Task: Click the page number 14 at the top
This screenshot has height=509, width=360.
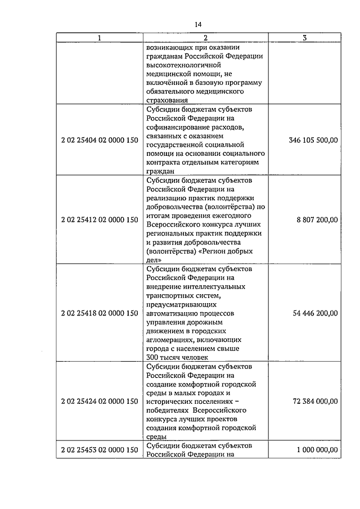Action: pyautogui.click(x=198, y=25)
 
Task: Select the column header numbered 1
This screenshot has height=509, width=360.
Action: pyautogui.click(x=100, y=38)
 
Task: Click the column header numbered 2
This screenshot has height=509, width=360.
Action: pyautogui.click(x=205, y=38)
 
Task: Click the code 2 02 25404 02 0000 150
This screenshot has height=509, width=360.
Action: pyautogui.click(x=100, y=140)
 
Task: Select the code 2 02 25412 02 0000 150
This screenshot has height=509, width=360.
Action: pyautogui.click(x=100, y=220)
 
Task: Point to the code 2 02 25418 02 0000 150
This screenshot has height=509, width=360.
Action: pyautogui.click(x=100, y=313)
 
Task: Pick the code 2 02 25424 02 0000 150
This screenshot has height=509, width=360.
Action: pyautogui.click(x=100, y=401)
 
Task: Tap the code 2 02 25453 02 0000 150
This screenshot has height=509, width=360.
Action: pyautogui.click(x=100, y=450)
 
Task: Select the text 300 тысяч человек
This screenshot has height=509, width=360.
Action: pyautogui.click(x=177, y=357)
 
